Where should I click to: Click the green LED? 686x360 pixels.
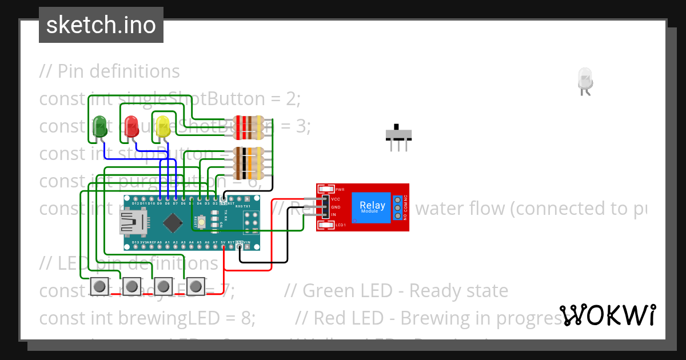(99, 127)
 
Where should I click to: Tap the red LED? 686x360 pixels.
(131, 126)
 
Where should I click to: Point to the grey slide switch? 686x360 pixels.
(398, 134)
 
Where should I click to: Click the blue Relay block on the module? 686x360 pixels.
(372, 207)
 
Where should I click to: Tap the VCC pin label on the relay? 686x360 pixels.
(336, 199)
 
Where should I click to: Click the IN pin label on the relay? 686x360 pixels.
(334, 215)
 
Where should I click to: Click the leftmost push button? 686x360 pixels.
(100, 285)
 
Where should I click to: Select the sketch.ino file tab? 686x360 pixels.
(101, 25)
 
